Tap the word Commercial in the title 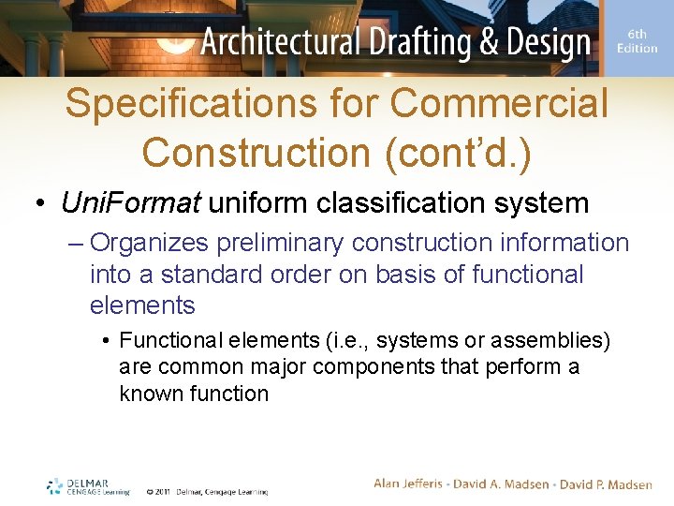tap(499, 104)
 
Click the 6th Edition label tap(637, 41)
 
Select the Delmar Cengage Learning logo tap(88, 486)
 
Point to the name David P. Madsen tap(606, 484)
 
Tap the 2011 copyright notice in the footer tap(207, 491)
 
